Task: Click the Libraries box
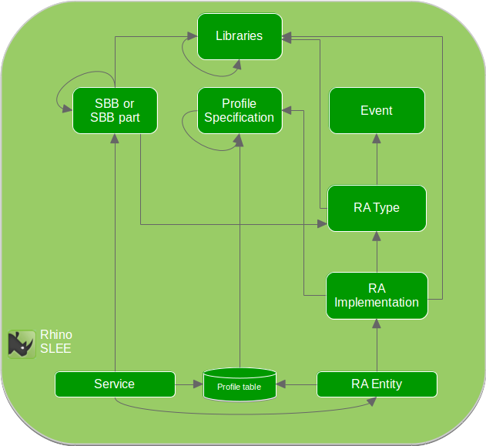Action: [x=239, y=36]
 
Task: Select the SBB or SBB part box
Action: [x=115, y=110]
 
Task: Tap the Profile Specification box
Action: [x=239, y=110]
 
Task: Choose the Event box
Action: [x=377, y=110]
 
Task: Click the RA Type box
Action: [x=377, y=208]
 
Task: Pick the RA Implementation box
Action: [x=377, y=295]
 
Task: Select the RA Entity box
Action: [x=377, y=384]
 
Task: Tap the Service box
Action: [x=115, y=384]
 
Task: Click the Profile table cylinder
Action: [x=239, y=384]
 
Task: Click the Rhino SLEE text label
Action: [x=55, y=341]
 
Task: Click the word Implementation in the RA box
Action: [x=377, y=303]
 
